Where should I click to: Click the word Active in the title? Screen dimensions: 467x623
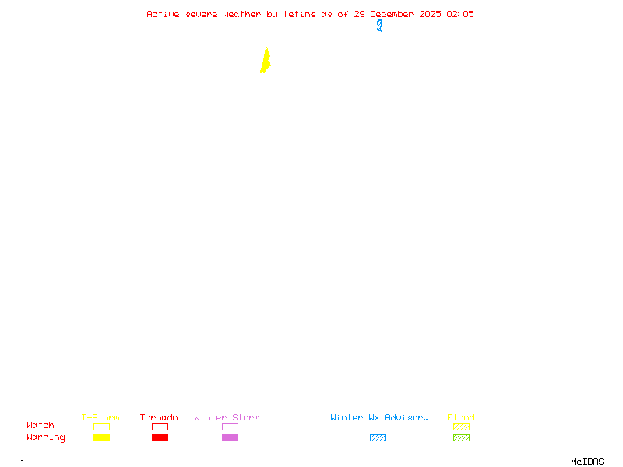[163, 14]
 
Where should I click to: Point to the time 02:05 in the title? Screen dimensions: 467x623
[460, 14]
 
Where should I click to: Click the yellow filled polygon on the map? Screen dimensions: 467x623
[266, 61]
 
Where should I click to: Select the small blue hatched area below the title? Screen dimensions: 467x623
[379, 26]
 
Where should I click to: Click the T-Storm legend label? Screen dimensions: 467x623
[100, 417]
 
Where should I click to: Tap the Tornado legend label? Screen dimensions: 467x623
[159, 417]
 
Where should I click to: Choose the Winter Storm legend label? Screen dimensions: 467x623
[227, 417]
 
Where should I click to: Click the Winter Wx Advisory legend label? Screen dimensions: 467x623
[379, 417]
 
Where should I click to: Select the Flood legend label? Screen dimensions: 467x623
[461, 417]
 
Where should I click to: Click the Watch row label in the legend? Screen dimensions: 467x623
[40, 426]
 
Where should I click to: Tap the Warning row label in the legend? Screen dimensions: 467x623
[46, 437]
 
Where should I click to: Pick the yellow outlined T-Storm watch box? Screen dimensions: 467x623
[101, 427]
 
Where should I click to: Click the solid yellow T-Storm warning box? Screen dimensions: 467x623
[101, 437]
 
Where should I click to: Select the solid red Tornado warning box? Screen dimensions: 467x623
[160, 437]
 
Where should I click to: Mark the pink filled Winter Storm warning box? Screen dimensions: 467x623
[230, 437]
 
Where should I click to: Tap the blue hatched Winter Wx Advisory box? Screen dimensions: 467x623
[378, 437]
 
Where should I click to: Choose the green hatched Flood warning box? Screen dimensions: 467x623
[461, 437]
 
